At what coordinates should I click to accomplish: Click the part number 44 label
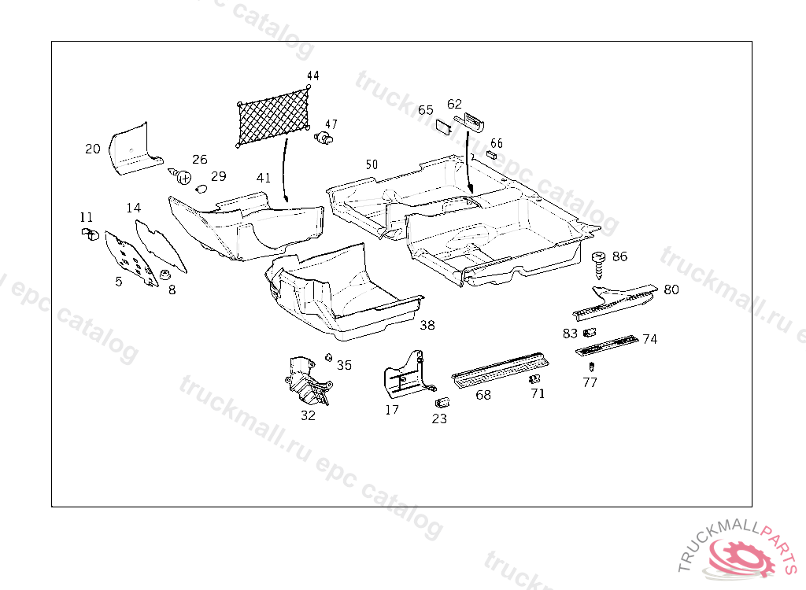[x=313, y=76]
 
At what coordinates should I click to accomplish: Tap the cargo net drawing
[x=273, y=115]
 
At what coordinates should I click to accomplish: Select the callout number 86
[x=620, y=256]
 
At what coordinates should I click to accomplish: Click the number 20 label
[x=93, y=149]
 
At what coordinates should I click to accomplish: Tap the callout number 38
[x=427, y=325]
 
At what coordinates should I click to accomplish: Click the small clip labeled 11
[x=88, y=233]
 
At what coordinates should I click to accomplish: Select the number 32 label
[x=308, y=415]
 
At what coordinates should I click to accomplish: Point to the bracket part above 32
[x=306, y=378]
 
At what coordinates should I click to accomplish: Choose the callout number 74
[x=650, y=340]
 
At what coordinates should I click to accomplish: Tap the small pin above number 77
[x=591, y=367]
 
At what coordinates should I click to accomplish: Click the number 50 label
[x=372, y=165]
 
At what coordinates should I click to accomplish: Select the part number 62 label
[x=455, y=104]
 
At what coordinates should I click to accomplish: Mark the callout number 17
[x=392, y=410]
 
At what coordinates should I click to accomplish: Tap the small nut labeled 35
[x=327, y=359]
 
